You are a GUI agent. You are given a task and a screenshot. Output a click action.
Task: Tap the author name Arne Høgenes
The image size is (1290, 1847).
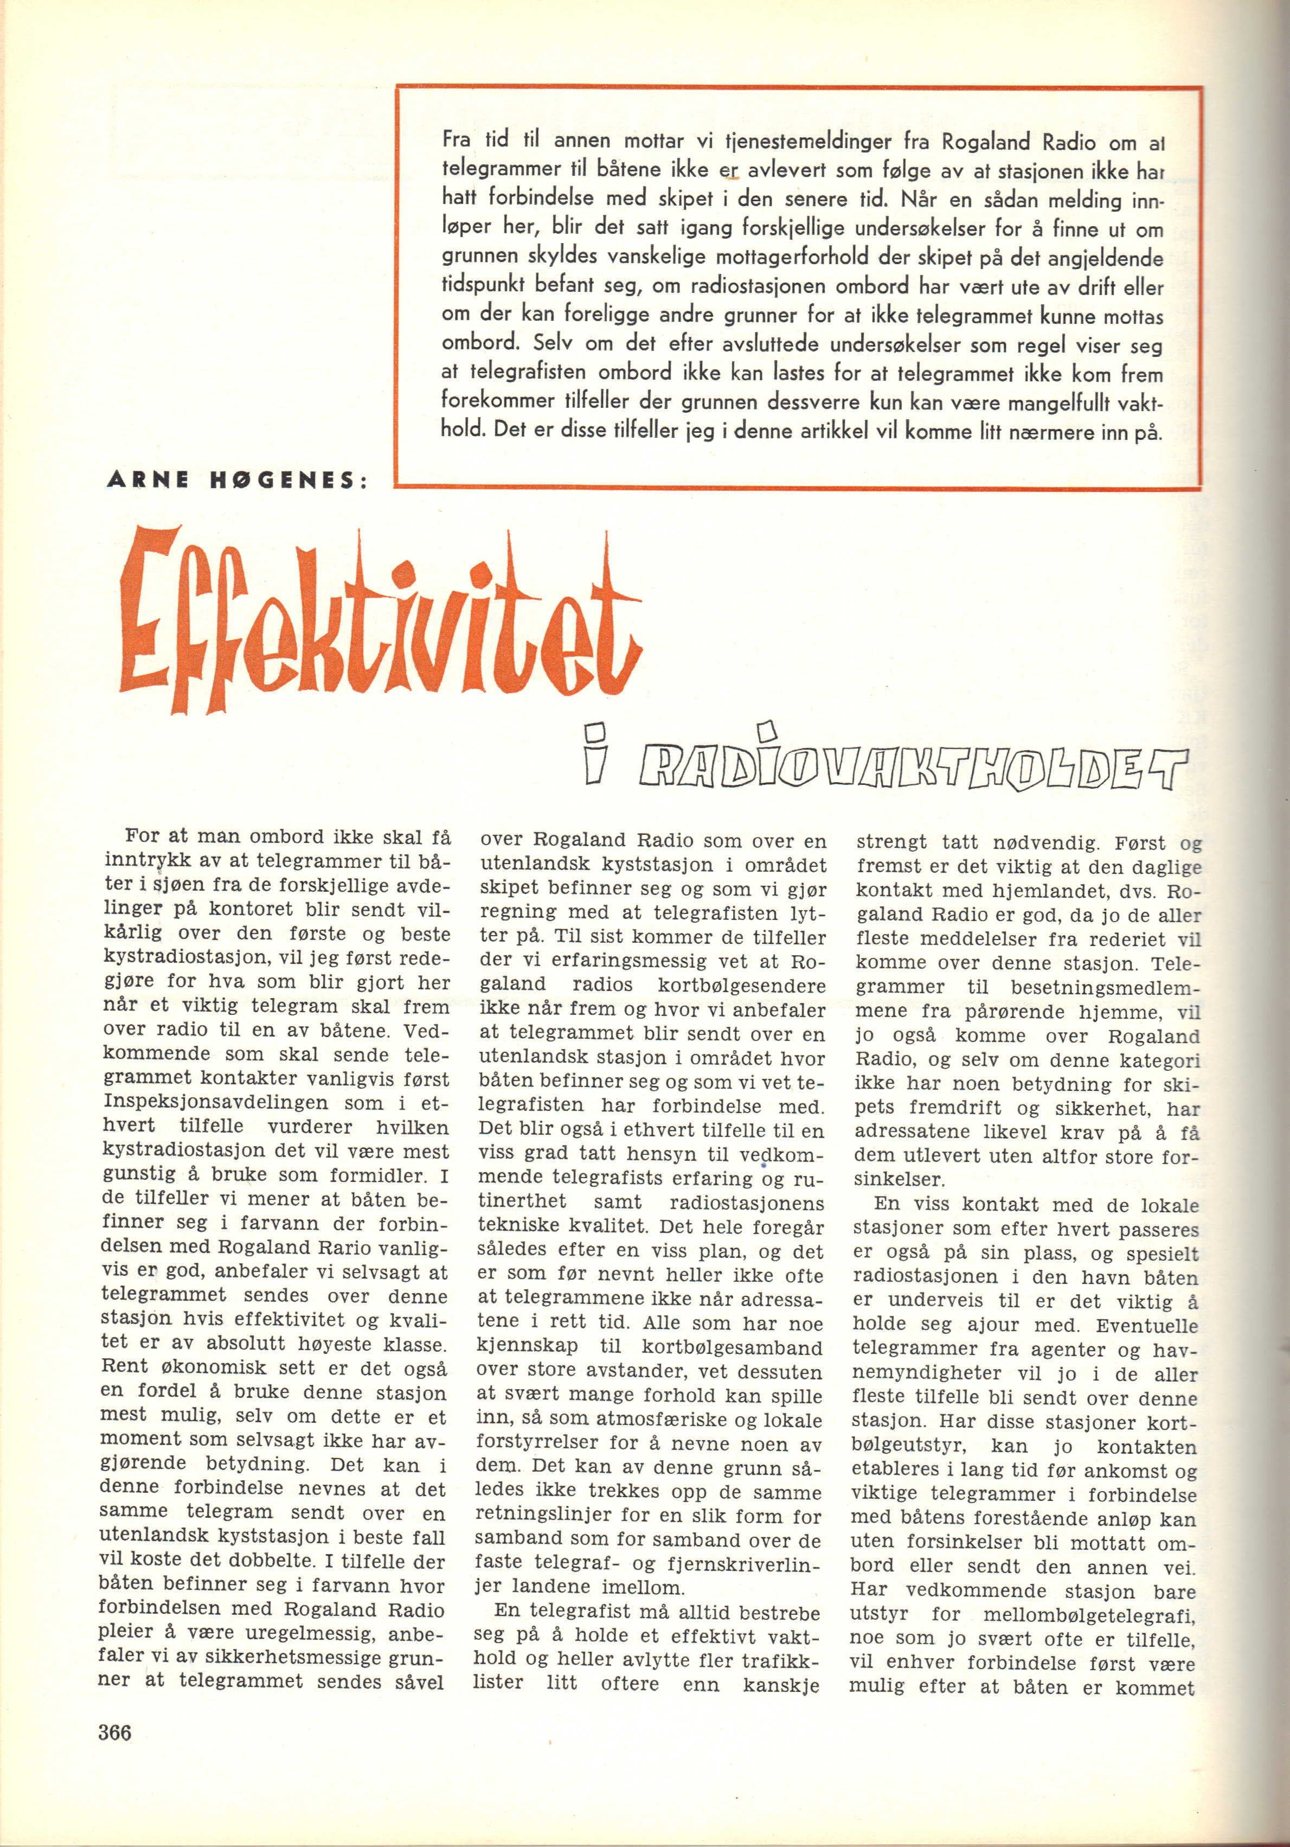[238, 480]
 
